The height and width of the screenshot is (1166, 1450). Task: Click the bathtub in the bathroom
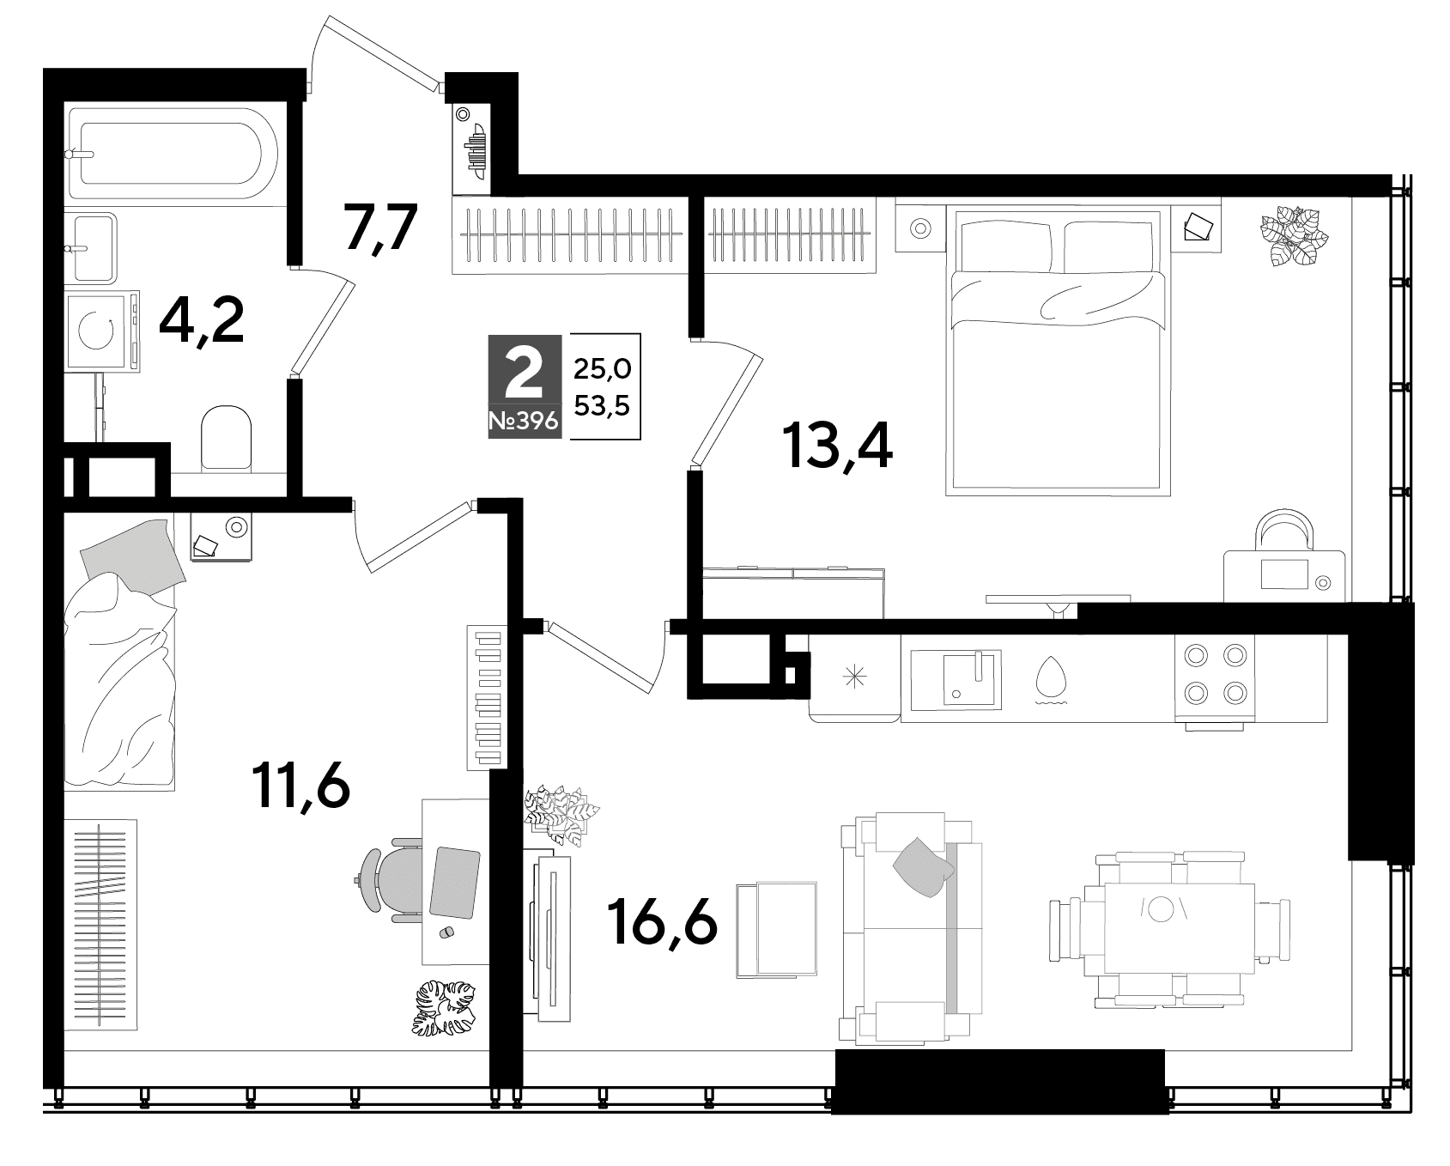pyautogui.click(x=172, y=155)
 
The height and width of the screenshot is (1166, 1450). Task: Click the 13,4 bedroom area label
pyautogui.click(x=837, y=446)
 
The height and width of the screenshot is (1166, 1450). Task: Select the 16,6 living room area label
pyautogui.click(x=661, y=920)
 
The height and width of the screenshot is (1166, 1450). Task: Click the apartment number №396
pyautogui.click(x=525, y=422)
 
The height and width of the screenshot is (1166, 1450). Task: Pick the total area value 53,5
pyautogui.click(x=603, y=405)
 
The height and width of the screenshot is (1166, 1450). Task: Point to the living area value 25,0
pyautogui.click(x=603, y=369)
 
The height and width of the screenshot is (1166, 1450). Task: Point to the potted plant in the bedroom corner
pyautogui.click(x=1293, y=236)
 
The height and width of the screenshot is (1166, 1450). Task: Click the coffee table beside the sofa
pyautogui.click(x=777, y=929)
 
